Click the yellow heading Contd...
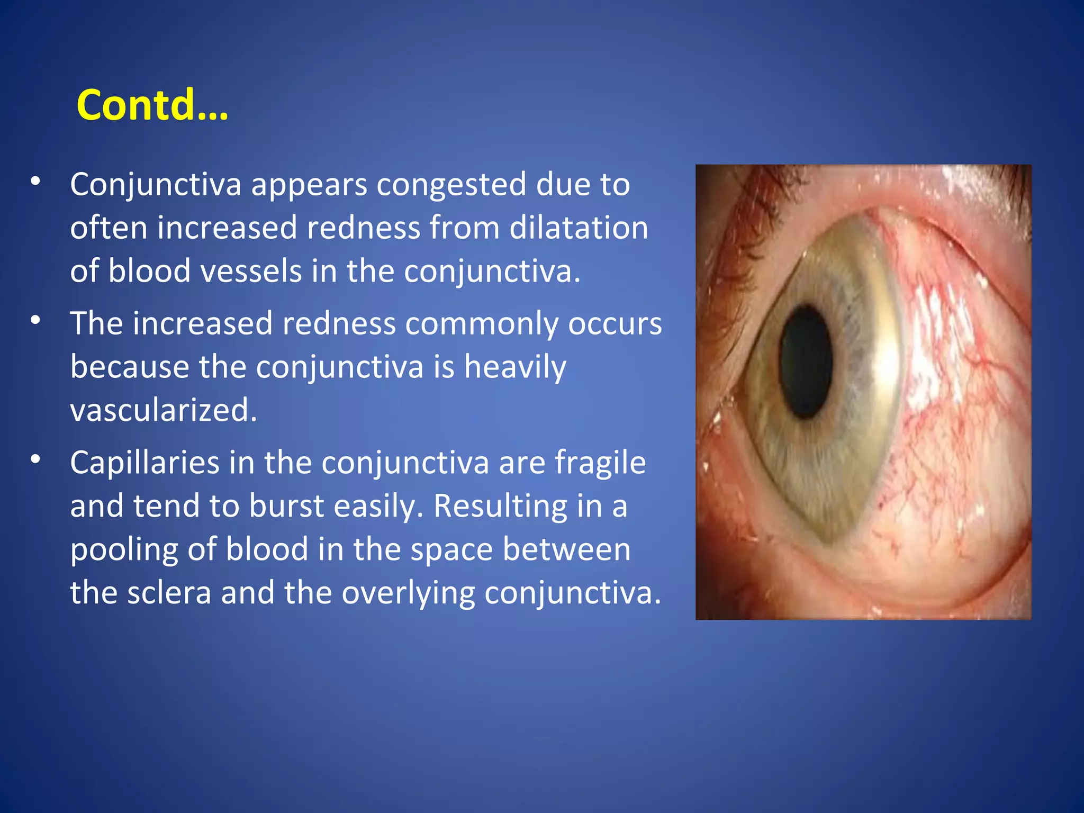click(x=152, y=105)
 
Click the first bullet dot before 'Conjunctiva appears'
click(x=35, y=182)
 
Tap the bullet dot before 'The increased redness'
click(x=35, y=320)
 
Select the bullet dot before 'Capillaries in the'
click(x=35, y=459)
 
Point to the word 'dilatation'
click(x=579, y=228)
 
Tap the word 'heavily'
click(x=514, y=367)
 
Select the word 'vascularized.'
click(x=164, y=410)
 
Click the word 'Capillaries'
click(x=144, y=463)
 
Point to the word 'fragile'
click(x=600, y=463)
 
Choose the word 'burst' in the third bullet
click(x=286, y=506)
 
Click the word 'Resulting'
click(x=500, y=506)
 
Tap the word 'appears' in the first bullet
click(x=309, y=185)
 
